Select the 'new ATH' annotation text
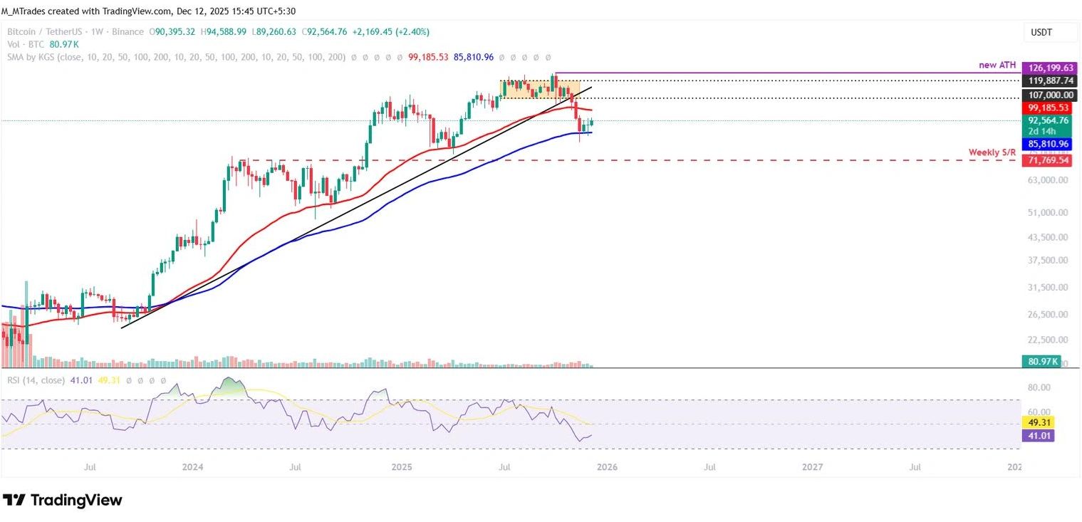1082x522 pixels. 997,65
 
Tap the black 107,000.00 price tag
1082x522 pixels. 1045,95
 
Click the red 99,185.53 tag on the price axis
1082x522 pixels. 1045,108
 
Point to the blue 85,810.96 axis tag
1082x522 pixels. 1045,143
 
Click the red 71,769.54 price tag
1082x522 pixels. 1045,161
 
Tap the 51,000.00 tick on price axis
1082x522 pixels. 1045,212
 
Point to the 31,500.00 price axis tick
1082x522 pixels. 1045,287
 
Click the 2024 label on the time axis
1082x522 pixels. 192,467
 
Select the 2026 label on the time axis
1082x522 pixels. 606,467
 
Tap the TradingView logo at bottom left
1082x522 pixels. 63,500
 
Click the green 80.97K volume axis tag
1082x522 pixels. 1041,361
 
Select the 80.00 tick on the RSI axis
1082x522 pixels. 1041,387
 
